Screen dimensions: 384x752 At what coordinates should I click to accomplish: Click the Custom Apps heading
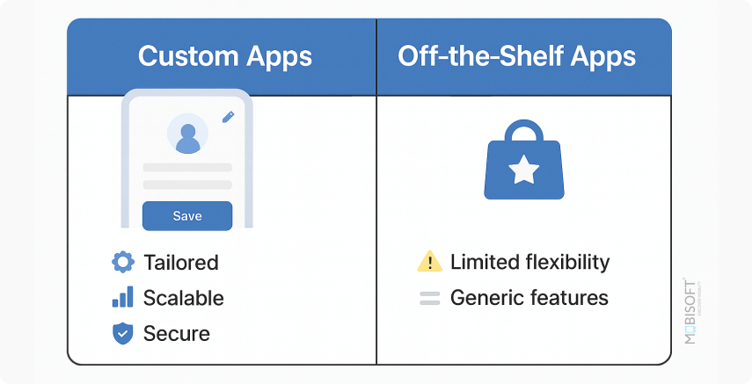click(225, 57)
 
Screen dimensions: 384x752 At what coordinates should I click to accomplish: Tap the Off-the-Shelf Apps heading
click(516, 57)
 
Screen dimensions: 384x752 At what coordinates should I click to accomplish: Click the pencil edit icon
click(229, 116)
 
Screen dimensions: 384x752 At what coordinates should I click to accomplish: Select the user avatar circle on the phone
click(187, 134)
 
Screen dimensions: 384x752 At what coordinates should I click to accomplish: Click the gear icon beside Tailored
click(122, 262)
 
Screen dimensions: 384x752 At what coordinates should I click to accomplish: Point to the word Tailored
click(180, 262)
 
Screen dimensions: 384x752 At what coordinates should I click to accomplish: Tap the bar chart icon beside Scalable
click(122, 297)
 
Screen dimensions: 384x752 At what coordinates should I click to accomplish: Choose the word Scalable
click(183, 298)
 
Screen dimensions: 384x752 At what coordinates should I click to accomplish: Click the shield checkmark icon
click(122, 333)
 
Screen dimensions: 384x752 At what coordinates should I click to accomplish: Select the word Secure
click(176, 334)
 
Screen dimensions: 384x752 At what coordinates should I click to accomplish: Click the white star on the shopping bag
click(523, 169)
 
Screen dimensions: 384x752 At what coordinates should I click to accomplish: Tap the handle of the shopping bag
click(523, 133)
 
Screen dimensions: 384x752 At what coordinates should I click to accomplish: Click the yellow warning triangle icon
click(429, 262)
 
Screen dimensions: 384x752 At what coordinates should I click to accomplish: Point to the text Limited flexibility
click(529, 262)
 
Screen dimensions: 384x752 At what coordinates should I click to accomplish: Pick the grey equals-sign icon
click(429, 298)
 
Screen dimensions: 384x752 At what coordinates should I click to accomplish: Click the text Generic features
click(529, 298)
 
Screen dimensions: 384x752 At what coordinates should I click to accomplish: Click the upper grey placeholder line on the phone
click(187, 167)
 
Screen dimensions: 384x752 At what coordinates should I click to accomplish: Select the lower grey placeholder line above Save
click(187, 185)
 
